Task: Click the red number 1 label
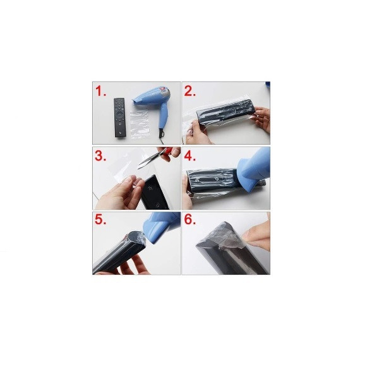100,91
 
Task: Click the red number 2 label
190,91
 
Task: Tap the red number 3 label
100,156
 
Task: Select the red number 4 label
190,156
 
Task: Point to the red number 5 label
100,219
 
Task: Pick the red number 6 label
190,219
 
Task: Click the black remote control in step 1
119,117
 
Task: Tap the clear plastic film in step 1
140,124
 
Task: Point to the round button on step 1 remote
119,113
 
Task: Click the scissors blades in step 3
148,160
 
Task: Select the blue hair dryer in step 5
160,227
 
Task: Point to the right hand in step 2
262,119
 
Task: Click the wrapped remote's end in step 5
136,238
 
